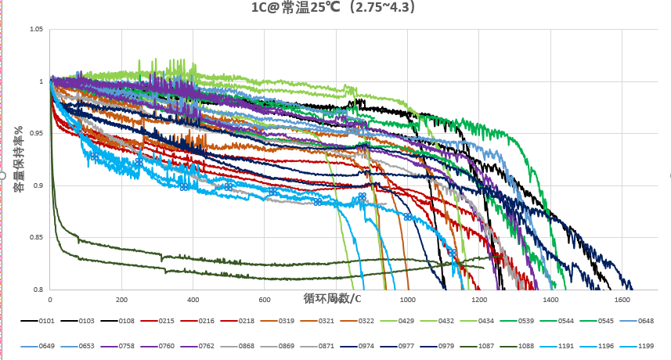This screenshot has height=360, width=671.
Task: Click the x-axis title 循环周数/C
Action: pyautogui.click(x=333, y=298)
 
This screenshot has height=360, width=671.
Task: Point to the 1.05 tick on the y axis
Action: pyautogui.click(x=36, y=30)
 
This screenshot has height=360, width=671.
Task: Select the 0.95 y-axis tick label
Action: pyautogui.click(x=36, y=134)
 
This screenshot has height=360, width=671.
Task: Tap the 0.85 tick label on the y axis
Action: pyautogui.click(x=36, y=238)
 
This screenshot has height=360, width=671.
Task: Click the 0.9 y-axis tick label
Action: pyautogui.click(x=38, y=185)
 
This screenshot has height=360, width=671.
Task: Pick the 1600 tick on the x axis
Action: pyautogui.click(x=622, y=300)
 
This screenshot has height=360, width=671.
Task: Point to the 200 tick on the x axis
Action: pyautogui.click(x=121, y=300)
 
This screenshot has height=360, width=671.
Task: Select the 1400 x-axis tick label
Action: pyautogui.click(x=550, y=300)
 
